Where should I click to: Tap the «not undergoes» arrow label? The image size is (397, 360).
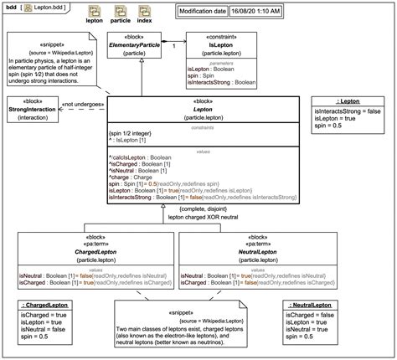coord(85,103)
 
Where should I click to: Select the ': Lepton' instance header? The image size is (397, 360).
coord(349,101)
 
